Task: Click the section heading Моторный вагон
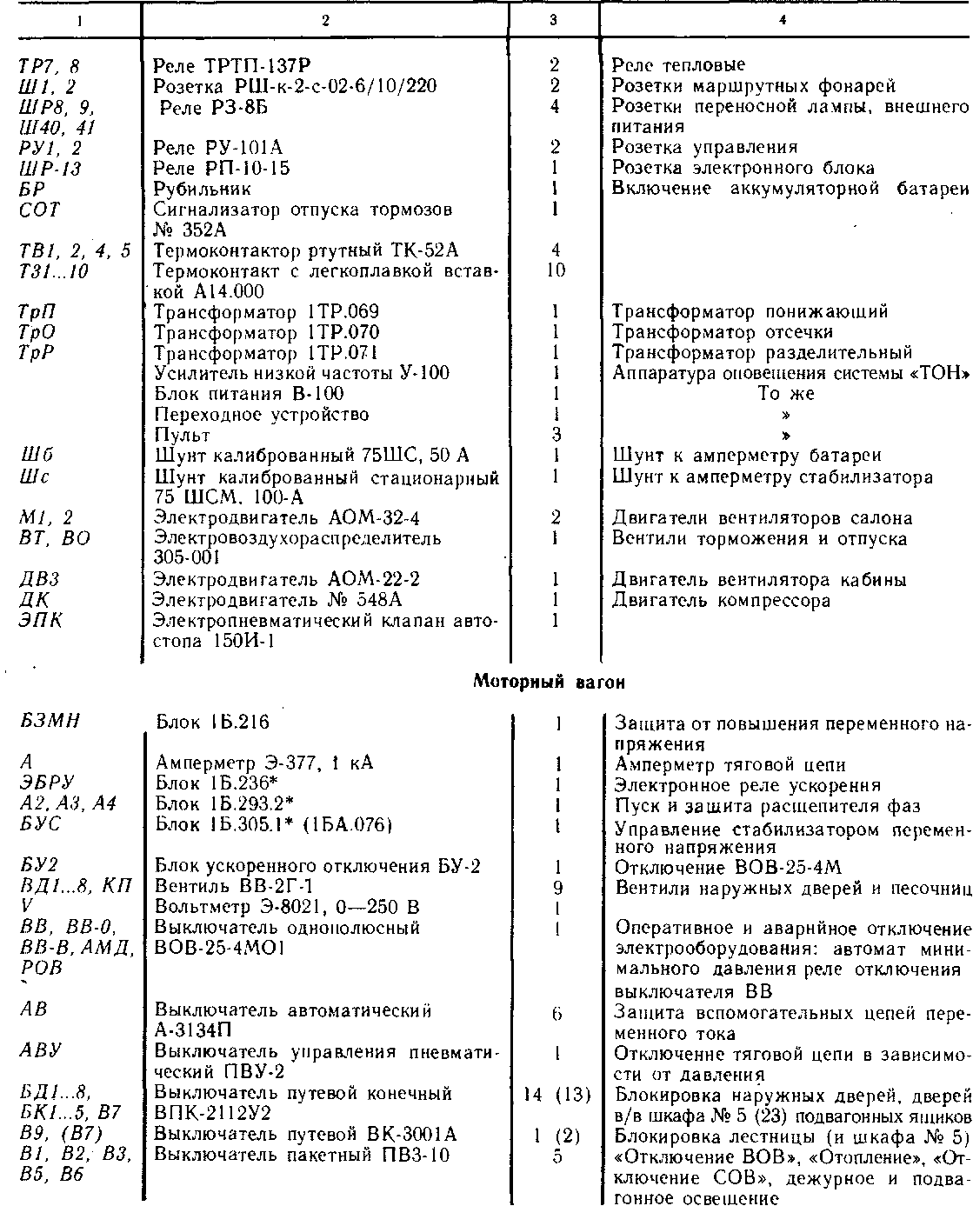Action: point(549,683)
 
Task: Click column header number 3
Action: point(553,21)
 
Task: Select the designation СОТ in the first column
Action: point(39,210)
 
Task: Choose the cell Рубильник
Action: point(202,189)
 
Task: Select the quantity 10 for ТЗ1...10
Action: point(555,271)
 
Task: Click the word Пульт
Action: point(182,435)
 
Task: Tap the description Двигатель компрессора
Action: point(721,600)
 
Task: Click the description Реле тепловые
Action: point(678,65)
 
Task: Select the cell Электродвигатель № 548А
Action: point(277,600)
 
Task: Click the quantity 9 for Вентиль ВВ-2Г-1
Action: point(556,888)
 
